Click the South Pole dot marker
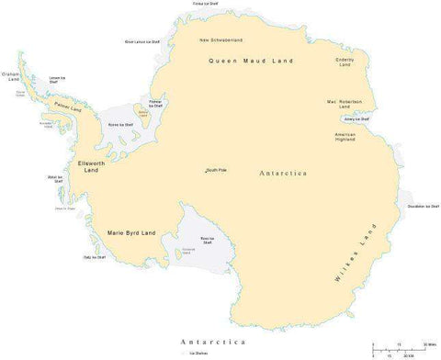[206, 172]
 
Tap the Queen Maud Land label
[251, 61]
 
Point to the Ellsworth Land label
[90, 166]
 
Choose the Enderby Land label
[345, 62]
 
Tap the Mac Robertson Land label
[345, 104]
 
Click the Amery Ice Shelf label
[356, 119]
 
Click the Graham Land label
[12, 77]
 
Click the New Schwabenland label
[220, 40]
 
